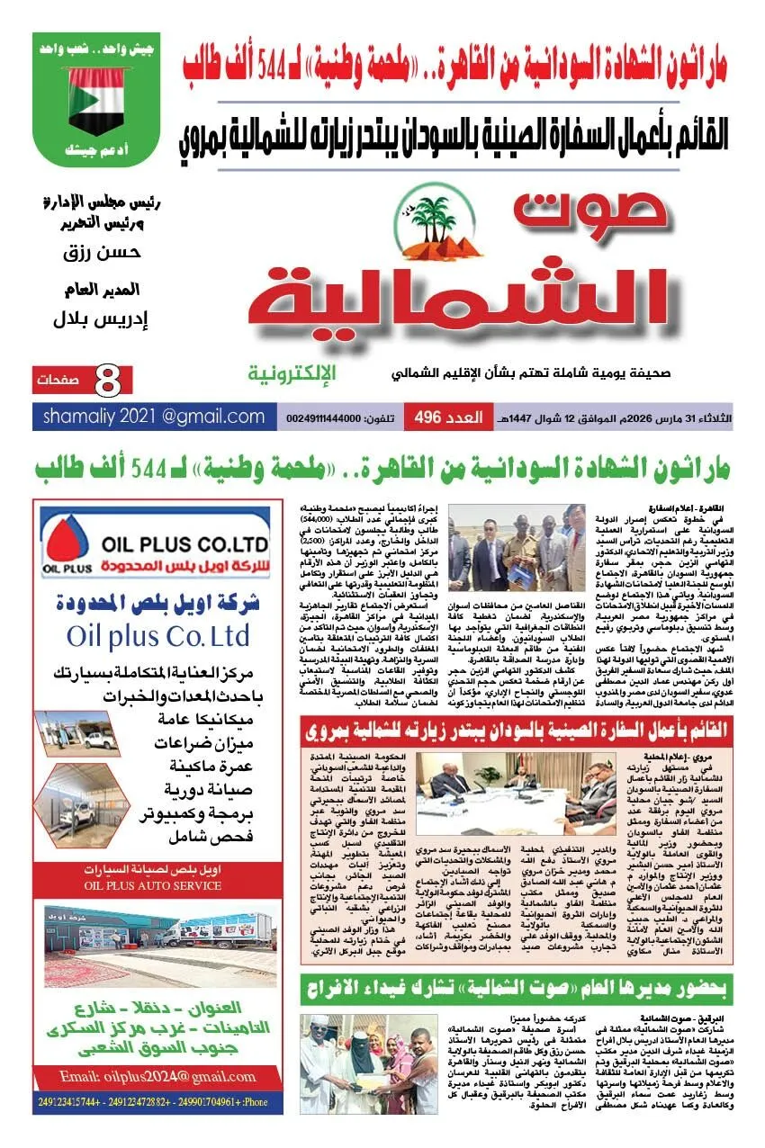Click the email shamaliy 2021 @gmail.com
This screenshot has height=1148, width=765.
pos(154,417)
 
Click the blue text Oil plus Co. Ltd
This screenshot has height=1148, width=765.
pos(157,636)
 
